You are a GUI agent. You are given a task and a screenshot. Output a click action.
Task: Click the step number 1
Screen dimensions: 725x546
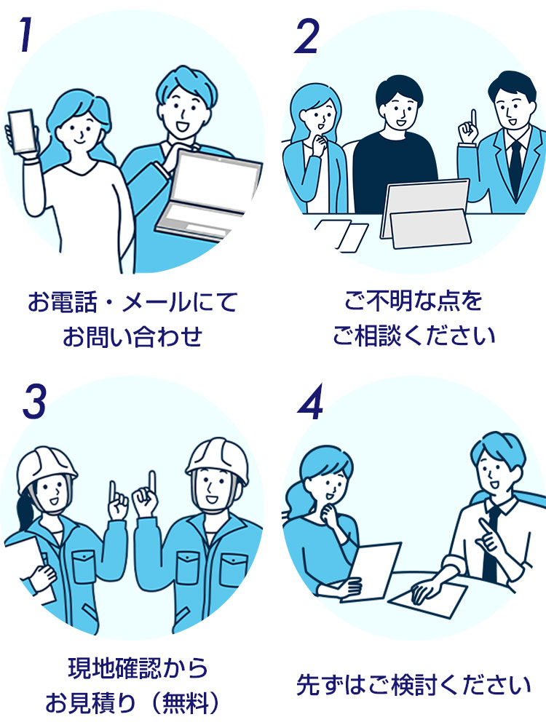coord(25,36)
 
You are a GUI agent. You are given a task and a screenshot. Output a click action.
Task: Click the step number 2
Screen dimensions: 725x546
coord(306,36)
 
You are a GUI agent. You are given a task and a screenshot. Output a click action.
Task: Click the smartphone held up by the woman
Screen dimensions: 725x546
coord(21,132)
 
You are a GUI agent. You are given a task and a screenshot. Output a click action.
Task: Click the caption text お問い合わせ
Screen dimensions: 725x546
coord(131,337)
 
